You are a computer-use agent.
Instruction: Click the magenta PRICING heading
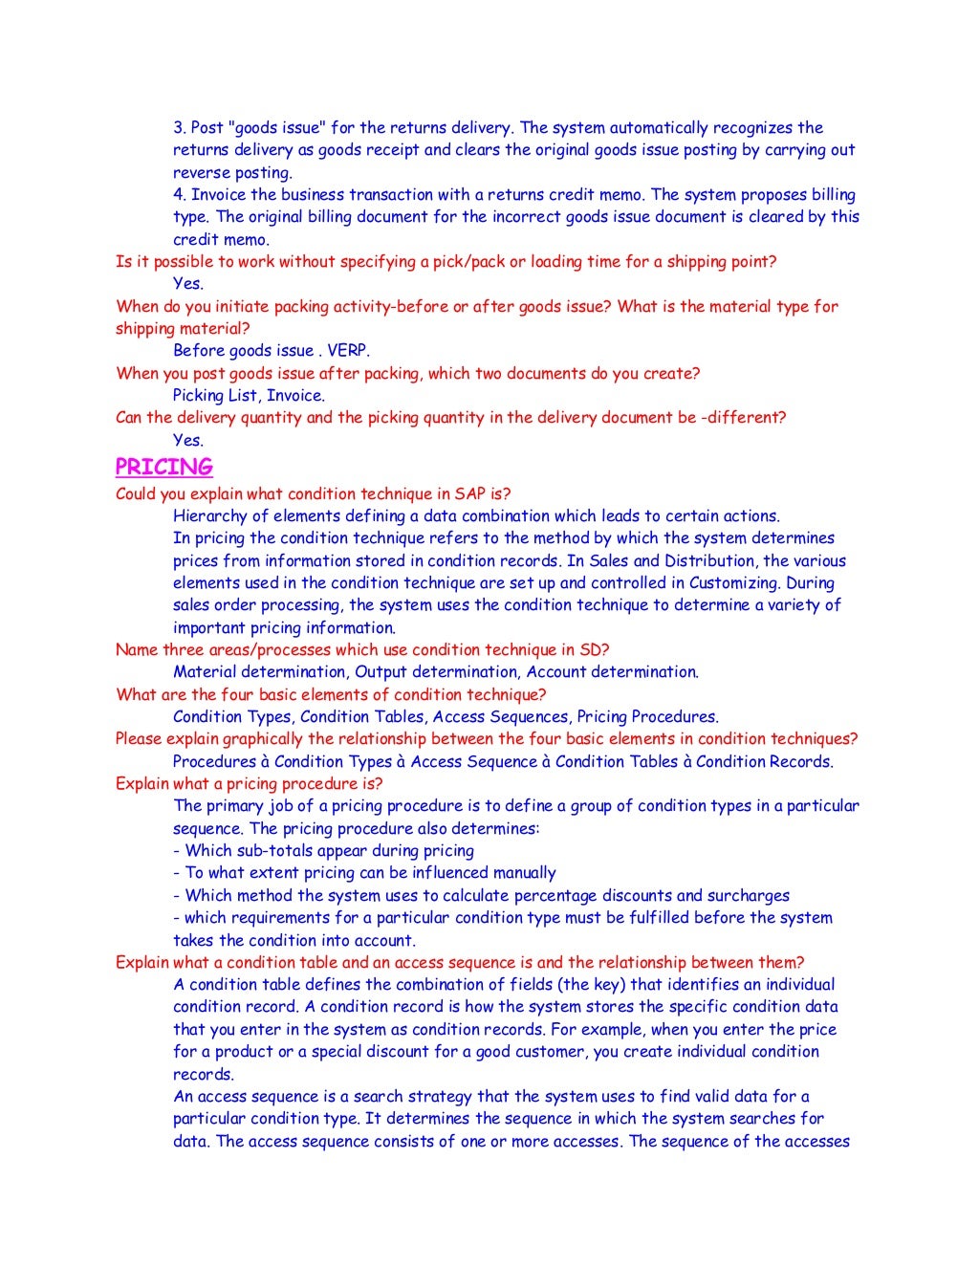click(163, 467)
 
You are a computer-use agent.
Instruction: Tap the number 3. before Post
click(180, 128)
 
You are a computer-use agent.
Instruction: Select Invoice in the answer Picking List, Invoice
click(295, 396)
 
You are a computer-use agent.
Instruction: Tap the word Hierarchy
click(211, 516)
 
